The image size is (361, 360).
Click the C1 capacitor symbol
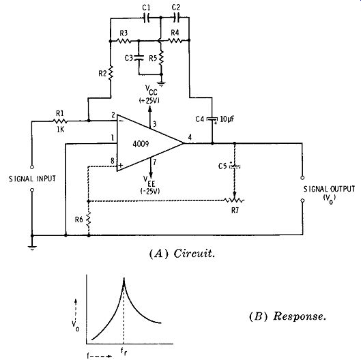point(146,18)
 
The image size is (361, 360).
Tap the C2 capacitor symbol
point(177,18)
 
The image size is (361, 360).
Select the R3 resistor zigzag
point(124,41)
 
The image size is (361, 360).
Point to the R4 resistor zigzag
point(175,41)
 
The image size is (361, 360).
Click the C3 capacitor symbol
point(139,57)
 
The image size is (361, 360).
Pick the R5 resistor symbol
point(161,58)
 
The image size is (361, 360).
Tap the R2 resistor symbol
point(111,73)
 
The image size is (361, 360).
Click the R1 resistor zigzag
point(60,121)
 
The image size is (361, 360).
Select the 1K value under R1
point(60,130)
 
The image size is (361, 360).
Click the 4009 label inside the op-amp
point(141,144)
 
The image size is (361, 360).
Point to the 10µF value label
point(227,119)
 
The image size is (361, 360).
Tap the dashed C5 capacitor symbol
point(235,166)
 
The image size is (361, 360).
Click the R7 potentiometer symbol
point(234,199)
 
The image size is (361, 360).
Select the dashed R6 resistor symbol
point(89,220)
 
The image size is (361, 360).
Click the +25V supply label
point(149,101)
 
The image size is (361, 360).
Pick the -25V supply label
point(150,192)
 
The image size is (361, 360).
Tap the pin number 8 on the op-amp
point(113,160)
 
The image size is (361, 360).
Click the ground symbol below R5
point(161,84)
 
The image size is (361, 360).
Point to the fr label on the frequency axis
point(124,351)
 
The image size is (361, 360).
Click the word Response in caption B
point(300,316)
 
